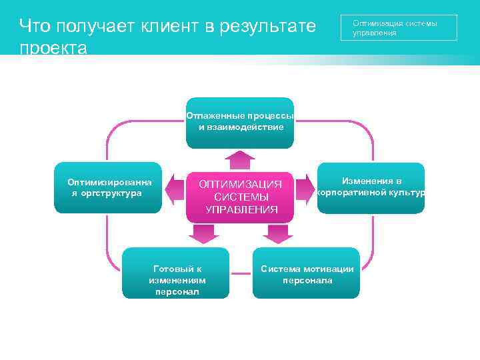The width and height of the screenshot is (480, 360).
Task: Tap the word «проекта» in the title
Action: point(53,48)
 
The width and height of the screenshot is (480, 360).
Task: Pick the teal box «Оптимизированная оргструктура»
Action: point(107,188)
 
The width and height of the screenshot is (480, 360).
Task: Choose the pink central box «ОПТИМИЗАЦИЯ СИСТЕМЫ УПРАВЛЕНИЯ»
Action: point(241,197)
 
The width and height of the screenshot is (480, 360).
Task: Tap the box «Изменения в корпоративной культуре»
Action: point(371,188)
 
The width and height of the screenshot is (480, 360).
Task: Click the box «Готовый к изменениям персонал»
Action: point(176,273)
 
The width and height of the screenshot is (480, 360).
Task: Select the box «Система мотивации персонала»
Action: point(307,273)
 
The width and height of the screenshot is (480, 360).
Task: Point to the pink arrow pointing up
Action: point(240,161)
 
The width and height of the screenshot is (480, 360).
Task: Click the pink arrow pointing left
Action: point(175,189)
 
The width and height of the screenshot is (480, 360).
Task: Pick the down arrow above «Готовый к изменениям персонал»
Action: point(204,233)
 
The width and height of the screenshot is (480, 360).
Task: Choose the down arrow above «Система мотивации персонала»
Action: point(277,233)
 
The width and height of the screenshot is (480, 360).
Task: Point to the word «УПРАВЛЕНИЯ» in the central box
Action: point(241,209)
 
